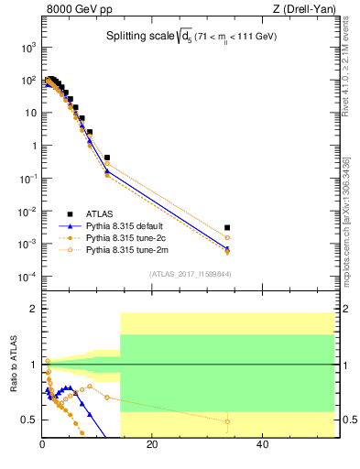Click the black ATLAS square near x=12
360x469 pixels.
(107, 158)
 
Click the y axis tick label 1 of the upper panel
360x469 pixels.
(32, 146)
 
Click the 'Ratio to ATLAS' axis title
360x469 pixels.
(12, 365)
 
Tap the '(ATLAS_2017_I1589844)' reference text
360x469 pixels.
(190, 273)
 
